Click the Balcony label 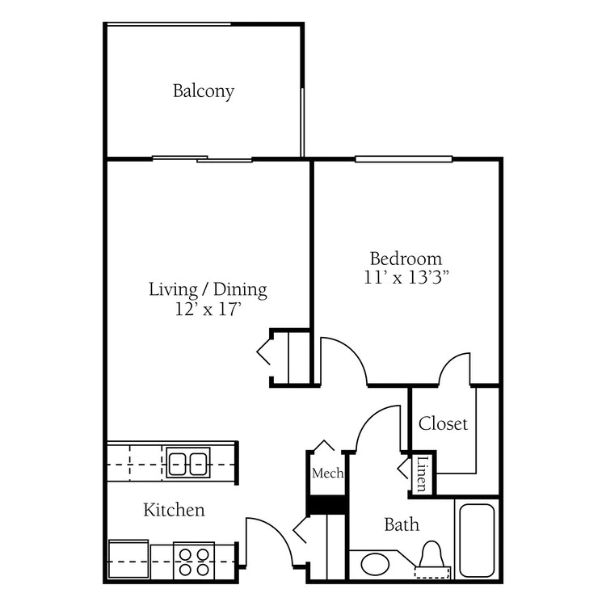pyautogui.click(x=204, y=91)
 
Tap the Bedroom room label pyautogui.click(x=406, y=259)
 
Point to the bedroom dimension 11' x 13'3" pyautogui.click(x=406, y=277)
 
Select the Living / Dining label pyautogui.click(x=208, y=290)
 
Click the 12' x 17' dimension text pyautogui.click(x=208, y=309)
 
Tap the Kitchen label pyautogui.click(x=174, y=510)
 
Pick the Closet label pyautogui.click(x=443, y=423)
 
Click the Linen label pyautogui.click(x=423, y=473)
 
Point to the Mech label pyautogui.click(x=328, y=473)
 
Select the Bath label pyautogui.click(x=402, y=524)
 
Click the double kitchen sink pyautogui.click(x=188, y=463)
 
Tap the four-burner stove pyautogui.click(x=194, y=562)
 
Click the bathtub pyautogui.click(x=477, y=541)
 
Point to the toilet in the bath pyautogui.click(x=431, y=559)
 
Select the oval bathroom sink pyautogui.click(x=375, y=564)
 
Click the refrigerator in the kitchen pyautogui.click(x=128, y=559)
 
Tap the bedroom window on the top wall pyautogui.click(x=403, y=159)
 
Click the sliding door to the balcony pyautogui.click(x=202, y=158)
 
